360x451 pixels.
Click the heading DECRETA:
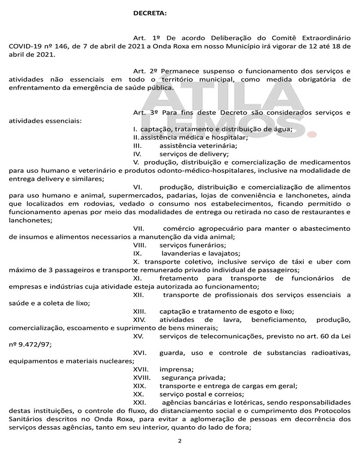(x=150, y=14)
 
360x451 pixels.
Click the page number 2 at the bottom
(x=180, y=441)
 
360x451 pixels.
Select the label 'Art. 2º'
(x=145, y=71)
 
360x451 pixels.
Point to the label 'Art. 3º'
(x=145, y=113)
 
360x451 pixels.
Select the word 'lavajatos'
(x=224, y=253)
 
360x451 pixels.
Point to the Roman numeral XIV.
(x=140, y=319)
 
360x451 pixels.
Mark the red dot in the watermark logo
(x=311, y=133)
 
